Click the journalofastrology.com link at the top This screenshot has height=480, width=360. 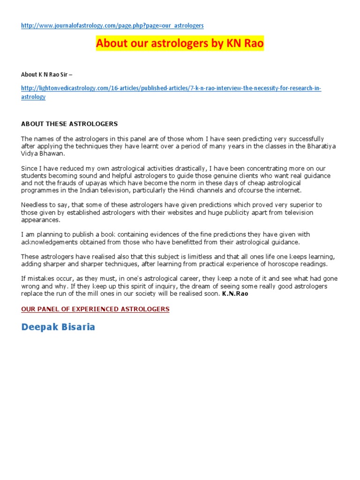pos(112,25)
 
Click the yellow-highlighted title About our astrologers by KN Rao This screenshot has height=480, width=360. pos(180,44)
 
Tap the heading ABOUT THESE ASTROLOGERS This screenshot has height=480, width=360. pos(69,124)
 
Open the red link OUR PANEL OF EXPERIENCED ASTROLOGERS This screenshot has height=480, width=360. pos(95,309)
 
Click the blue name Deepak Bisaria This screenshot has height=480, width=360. pos(58,327)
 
